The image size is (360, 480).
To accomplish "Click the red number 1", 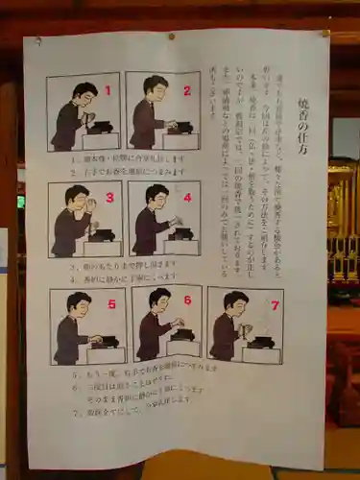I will (x=108, y=91).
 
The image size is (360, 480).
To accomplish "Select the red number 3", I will (x=108, y=199).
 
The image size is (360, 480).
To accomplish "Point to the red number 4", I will (x=187, y=199).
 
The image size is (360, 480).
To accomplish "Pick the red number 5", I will (x=110, y=304).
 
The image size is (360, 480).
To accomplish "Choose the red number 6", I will (x=187, y=300).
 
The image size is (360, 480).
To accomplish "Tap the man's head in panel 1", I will (x=84, y=93).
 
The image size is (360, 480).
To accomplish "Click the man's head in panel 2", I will (x=155, y=87).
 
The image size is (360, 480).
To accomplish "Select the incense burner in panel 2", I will (x=180, y=127).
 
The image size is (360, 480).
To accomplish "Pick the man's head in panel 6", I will (x=159, y=300).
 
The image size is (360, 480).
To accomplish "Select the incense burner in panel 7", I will (x=261, y=340).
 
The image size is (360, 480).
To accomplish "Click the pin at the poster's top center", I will (x=172, y=36).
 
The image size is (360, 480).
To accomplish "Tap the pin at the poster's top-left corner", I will (x=38, y=41).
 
